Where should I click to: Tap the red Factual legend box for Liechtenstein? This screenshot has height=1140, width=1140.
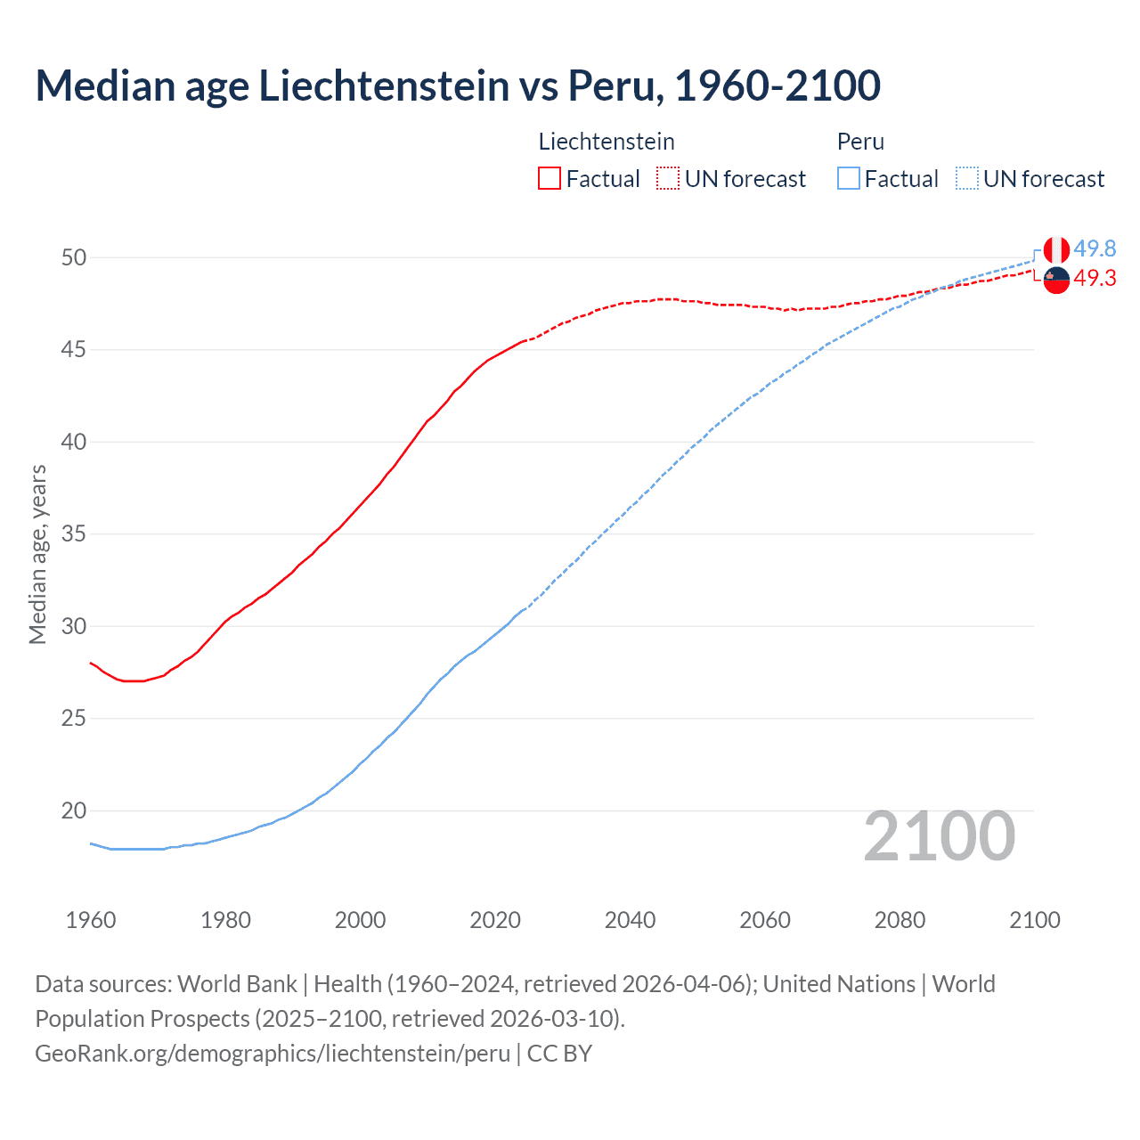pyautogui.click(x=550, y=178)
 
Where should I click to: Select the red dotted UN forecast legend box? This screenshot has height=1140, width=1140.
pyautogui.click(x=668, y=178)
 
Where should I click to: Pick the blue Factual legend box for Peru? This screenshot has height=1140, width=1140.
pyautogui.click(x=849, y=178)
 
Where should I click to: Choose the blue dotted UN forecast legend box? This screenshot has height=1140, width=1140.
pyautogui.click(x=967, y=178)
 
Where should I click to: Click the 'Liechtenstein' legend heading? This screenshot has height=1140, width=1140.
pyautogui.click(x=607, y=142)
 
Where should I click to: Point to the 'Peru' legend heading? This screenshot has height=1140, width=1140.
pyautogui.click(x=860, y=142)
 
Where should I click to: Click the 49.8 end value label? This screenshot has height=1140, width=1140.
pyautogui.click(x=1095, y=248)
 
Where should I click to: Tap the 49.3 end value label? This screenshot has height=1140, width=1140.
pyautogui.click(x=1095, y=279)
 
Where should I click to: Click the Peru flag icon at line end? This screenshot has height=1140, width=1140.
pyautogui.click(x=1056, y=249)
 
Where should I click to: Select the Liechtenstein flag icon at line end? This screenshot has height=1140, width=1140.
pyautogui.click(x=1056, y=280)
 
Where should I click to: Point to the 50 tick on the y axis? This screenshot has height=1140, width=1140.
pyautogui.click(x=74, y=257)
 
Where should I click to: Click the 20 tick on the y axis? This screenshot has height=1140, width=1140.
pyautogui.click(x=74, y=810)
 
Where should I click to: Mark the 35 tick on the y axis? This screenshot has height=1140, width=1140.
pyautogui.click(x=74, y=534)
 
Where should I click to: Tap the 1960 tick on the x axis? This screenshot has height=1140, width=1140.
pyautogui.click(x=91, y=920)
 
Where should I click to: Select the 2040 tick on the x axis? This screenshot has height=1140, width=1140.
pyautogui.click(x=630, y=920)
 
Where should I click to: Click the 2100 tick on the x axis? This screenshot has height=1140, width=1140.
pyautogui.click(x=1034, y=920)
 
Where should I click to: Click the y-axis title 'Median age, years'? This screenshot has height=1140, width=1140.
pyautogui.click(x=37, y=554)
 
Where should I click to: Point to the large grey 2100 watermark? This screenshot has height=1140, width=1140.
pyautogui.click(x=939, y=836)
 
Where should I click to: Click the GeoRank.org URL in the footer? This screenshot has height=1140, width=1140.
pyautogui.click(x=273, y=1053)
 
